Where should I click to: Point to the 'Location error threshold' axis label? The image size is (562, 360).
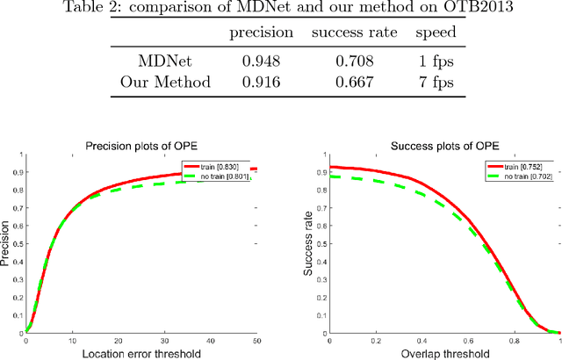[141, 353]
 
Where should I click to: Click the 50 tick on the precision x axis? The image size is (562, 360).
[256, 340]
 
